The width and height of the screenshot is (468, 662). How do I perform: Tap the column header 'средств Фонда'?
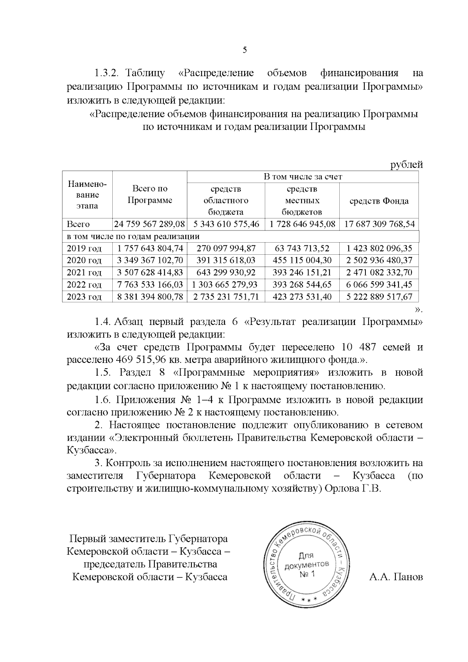(379, 201)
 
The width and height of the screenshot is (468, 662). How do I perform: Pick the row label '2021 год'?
(84, 273)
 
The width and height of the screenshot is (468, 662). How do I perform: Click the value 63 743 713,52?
(302, 248)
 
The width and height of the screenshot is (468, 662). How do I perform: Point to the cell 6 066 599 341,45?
(379, 285)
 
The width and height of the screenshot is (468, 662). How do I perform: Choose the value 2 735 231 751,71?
(225, 297)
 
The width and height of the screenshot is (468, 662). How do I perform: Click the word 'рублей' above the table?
(407, 165)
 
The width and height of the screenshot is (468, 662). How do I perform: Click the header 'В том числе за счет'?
(303, 177)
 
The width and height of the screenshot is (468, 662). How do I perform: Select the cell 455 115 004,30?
(302, 261)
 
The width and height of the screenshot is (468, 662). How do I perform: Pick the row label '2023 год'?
(84, 297)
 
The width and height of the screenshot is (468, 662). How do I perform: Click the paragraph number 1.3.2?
(109, 73)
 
